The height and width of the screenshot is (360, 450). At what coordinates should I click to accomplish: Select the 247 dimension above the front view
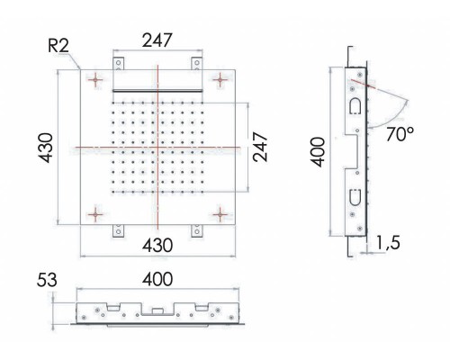click(x=157, y=41)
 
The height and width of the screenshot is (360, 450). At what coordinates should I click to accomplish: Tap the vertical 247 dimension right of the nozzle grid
click(x=260, y=144)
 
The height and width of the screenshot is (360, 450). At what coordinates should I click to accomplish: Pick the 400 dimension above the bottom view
click(x=158, y=280)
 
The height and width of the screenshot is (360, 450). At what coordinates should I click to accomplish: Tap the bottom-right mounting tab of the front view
click(x=195, y=230)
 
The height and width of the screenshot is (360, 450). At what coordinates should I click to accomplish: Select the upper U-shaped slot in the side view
click(x=355, y=106)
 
